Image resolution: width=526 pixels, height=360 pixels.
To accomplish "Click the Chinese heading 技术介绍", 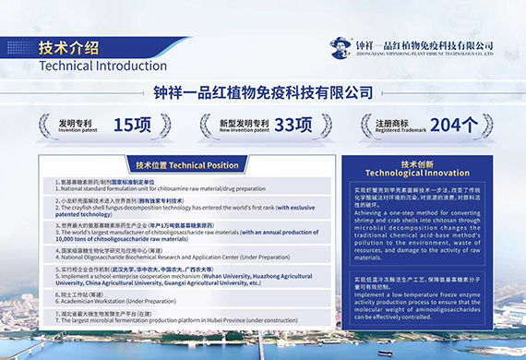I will point(68,47).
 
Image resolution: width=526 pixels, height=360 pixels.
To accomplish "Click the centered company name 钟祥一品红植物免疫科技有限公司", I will point(262,92).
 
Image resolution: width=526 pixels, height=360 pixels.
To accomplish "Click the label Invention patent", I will point(73,131).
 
